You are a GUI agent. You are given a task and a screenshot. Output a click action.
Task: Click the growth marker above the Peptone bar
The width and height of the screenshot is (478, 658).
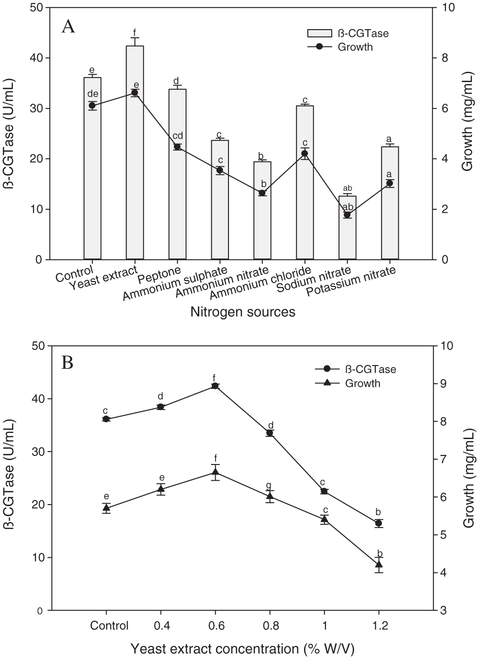(177, 147)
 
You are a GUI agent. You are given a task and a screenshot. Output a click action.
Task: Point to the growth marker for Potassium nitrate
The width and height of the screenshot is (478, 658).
(390, 183)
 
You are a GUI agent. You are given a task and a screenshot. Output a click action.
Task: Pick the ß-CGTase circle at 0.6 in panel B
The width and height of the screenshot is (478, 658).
(215, 386)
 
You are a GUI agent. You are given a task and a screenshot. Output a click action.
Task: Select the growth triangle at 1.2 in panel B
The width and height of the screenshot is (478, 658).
(379, 565)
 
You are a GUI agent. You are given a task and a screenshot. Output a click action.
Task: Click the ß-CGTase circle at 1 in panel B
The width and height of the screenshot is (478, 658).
(324, 491)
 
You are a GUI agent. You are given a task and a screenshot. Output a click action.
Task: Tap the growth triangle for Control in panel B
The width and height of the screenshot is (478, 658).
(106, 508)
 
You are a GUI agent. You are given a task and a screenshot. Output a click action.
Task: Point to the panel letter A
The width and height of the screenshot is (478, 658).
(68, 27)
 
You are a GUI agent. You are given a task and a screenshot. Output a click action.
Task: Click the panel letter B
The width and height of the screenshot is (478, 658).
(67, 364)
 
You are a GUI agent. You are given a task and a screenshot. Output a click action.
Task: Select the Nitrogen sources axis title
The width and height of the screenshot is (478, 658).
(243, 312)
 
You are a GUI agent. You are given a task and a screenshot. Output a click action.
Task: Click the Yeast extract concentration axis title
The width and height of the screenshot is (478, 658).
(243, 648)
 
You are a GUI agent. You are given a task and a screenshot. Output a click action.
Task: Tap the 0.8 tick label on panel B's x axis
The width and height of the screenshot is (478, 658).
(270, 626)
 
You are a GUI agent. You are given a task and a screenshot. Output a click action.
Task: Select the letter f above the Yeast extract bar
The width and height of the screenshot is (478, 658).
(135, 32)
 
